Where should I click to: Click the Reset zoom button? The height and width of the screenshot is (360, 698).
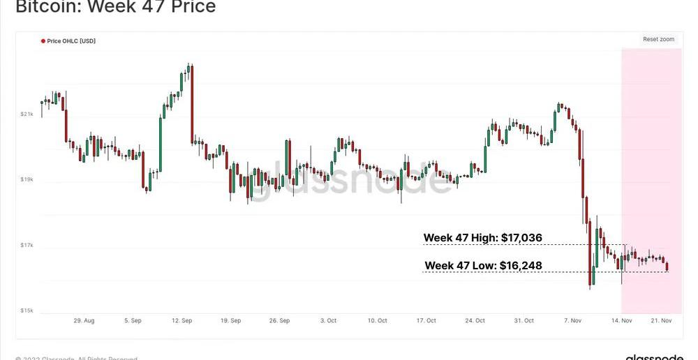pyautogui.click(x=658, y=40)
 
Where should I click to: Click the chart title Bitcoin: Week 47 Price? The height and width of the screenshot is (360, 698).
pyautogui.click(x=115, y=8)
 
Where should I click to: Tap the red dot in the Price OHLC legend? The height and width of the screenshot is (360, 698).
pyautogui.click(x=43, y=41)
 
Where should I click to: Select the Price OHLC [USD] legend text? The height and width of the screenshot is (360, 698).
pyautogui.click(x=71, y=41)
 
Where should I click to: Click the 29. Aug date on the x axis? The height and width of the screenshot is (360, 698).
pyautogui.click(x=84, y=321)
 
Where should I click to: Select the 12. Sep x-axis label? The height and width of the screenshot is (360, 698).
pyautogui.click(x=181, y=321)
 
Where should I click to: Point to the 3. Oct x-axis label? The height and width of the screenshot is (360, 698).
pyautogui.click(x=328, y=321)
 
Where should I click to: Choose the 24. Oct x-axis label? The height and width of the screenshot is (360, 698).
pyautogui.click(x=475, y=321)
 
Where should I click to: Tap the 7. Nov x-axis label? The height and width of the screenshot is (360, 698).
pyautogui.click(x=572, y=321)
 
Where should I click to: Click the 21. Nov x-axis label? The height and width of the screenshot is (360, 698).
pyautogui.click(x=661, y=321)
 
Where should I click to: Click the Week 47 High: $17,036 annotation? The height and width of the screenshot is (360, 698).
pyautogui.click(x=482, y=239)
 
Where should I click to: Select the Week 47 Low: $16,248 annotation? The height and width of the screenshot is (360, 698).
pyautogui.click(x=483, y=266)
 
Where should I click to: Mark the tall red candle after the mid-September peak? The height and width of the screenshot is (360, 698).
pyautogui.click(x=191, y=105)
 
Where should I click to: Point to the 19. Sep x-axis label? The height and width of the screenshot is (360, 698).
pyautogui.click(x=230, y=321)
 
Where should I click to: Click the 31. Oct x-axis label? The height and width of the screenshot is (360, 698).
pyautogui.click(x=523, y=321)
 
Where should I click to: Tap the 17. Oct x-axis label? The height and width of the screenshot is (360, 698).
pyautogui.click(x=426, y=321)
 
